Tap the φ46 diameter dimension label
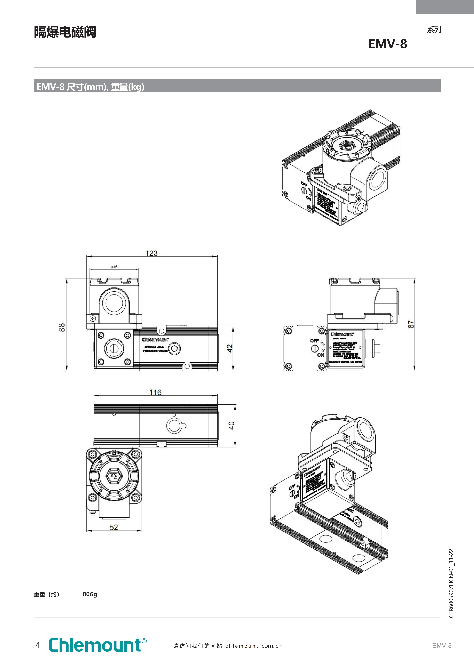coord(114,267)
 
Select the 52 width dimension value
coord(114,527)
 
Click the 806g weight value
coord(90,594)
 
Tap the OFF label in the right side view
coord(314,341)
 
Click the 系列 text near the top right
coord(434,30)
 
